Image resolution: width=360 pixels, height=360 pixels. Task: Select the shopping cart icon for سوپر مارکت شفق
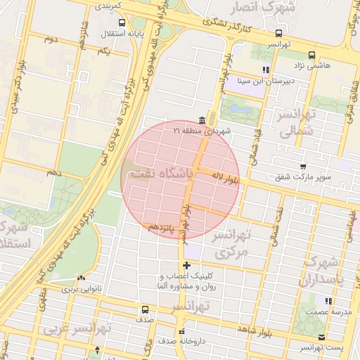click(303, 167)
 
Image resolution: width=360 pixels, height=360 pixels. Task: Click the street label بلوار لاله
click(226, 179)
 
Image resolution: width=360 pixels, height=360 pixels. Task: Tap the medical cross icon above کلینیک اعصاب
click(186, 265)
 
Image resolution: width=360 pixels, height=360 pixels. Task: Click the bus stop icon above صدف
click(146, 309)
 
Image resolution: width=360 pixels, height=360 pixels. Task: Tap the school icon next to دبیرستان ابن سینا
click(266, 70)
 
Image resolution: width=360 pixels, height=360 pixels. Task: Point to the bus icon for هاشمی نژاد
click(311, 54)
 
